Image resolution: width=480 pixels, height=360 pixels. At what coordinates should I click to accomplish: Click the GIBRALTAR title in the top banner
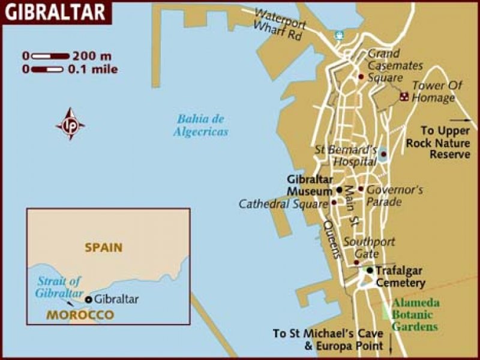tap(55, 11)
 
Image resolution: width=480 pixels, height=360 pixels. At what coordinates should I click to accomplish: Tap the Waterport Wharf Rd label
tap(280, 25)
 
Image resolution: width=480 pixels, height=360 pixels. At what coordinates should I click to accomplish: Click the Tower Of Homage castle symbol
tap(404, 96)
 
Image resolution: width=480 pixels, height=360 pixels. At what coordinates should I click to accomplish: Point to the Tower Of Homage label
tap(437, 91)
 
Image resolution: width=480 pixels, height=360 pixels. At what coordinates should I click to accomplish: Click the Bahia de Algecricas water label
tap(201, 125)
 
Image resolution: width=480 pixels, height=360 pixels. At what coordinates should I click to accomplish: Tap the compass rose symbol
tap(70, 124)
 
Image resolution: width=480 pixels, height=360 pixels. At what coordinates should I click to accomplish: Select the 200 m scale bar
tap(50, 56)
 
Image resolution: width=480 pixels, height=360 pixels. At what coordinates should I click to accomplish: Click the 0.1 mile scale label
tap(92, 69)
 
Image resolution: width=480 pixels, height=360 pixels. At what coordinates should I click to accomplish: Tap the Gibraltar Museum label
tap(309, 185)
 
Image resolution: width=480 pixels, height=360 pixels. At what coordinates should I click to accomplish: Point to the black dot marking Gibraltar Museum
tap(339, 190)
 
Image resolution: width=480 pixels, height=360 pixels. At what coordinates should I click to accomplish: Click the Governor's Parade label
tap(394, 196)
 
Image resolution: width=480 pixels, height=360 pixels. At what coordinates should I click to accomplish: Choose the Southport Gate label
tap(369, 248)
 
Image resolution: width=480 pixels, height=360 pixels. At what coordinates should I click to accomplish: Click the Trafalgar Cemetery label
tap(401, 277)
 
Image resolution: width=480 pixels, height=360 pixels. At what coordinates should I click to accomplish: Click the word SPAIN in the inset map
tap(103, 247)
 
